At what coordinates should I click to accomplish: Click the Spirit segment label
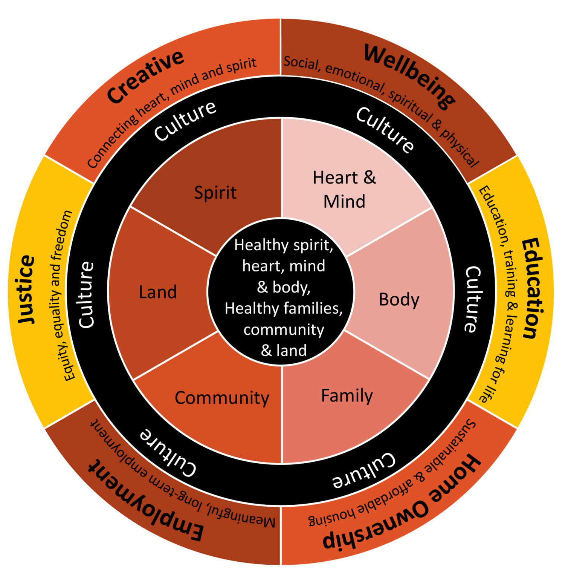pos(215,193)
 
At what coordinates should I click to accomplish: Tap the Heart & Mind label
pos(344,189)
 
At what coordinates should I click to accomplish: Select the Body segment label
pos(399,300)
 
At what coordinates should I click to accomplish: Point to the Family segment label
pos(347,396)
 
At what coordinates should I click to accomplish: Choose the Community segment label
pos(222,398)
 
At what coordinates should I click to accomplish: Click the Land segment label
pos(158,292)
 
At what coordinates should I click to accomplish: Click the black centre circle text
pos(283,298)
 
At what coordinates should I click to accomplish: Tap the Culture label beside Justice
pos(86,294)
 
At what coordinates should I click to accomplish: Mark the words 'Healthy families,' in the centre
pos(283,308)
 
